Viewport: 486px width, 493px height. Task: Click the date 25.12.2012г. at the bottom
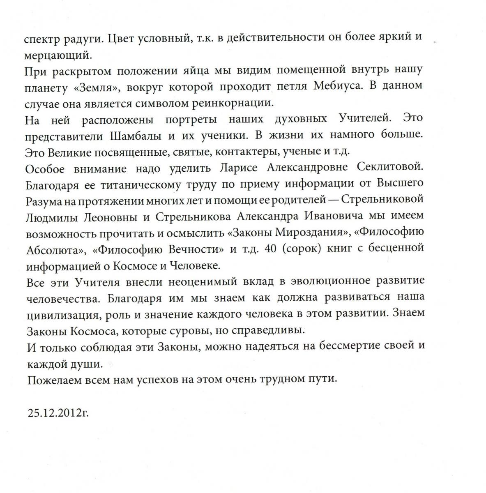(x=58, y=412)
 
